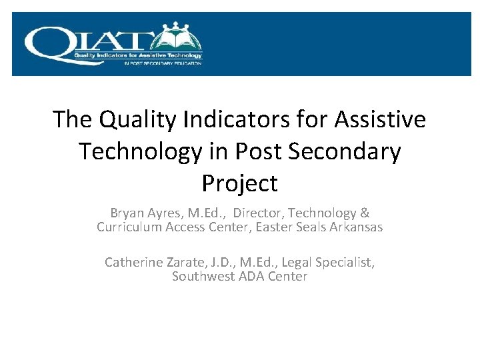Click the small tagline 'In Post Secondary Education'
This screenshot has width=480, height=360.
pos(163,63)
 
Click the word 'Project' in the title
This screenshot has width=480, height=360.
pos(239,183)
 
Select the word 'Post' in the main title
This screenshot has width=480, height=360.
pos(250,151)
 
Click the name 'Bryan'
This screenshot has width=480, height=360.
pos(126,213)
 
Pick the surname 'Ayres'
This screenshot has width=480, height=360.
pos(164,213)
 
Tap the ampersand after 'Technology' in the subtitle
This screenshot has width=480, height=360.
pos(365,213)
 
